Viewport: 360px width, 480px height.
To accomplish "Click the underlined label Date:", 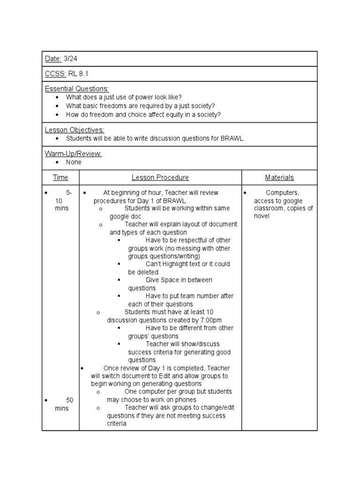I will click(53, 59).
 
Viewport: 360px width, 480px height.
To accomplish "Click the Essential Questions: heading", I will click(77, 89).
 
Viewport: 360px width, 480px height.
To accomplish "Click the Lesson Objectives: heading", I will click(75, 130).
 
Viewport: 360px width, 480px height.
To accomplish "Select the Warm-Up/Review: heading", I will click(73, 153).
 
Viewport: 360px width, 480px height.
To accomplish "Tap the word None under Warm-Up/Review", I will click(74, 162).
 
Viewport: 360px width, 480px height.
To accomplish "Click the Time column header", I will click(60, 177).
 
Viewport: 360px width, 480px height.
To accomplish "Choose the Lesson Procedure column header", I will click(160, 177).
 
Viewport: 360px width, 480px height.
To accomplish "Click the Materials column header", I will click(279, 177).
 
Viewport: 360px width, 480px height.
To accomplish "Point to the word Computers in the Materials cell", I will click(282, 193).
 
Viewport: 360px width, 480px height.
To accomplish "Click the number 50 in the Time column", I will click(70, 400).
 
